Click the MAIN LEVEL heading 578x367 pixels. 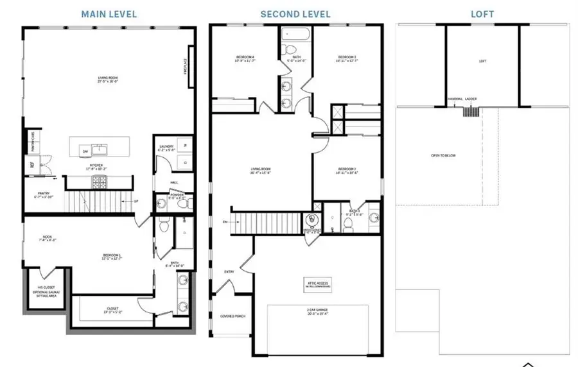click(109, 13)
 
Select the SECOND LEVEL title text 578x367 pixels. click(295, 13)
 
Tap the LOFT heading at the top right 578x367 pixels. click(482, 13)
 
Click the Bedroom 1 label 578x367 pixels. click(112, 256)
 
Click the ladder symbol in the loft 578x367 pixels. click(471, 111)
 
